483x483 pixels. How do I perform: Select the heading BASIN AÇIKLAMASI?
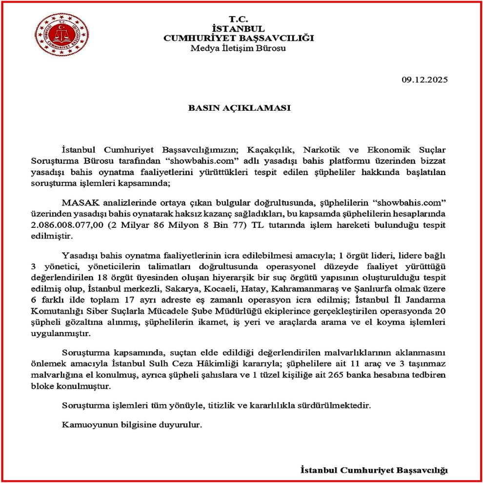239,108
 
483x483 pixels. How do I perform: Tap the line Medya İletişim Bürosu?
239,48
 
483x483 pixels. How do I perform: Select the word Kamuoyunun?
84,424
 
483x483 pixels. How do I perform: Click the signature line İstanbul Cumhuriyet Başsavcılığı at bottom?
374,470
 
